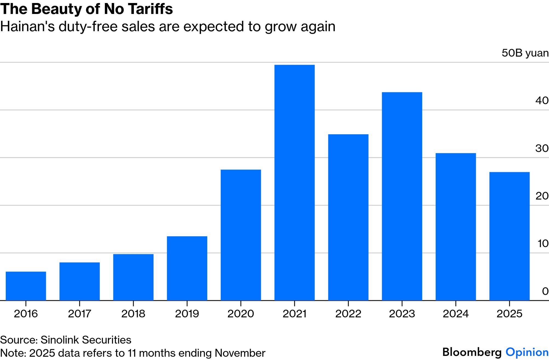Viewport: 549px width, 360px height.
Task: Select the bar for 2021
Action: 294,182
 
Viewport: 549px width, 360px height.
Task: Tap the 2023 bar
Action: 402,196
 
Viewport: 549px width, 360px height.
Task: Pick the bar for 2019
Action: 187,268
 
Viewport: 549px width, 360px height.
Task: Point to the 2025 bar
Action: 509,236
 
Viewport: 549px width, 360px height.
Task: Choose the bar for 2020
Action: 241,235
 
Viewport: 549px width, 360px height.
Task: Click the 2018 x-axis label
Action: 133,314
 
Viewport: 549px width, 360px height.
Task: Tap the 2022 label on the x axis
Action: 348,314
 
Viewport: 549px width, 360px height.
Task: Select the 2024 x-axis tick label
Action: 456,314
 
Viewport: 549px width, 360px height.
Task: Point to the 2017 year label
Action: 79,314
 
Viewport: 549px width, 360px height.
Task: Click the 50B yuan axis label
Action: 525,53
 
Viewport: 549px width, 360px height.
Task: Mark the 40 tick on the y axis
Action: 542,101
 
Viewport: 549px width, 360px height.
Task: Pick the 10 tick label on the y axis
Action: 543,244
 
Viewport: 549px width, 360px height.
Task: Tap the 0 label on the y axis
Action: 545,291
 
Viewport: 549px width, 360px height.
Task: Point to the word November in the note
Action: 240,353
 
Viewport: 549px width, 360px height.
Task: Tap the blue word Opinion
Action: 527,352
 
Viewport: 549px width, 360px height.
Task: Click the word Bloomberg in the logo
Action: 472,352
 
